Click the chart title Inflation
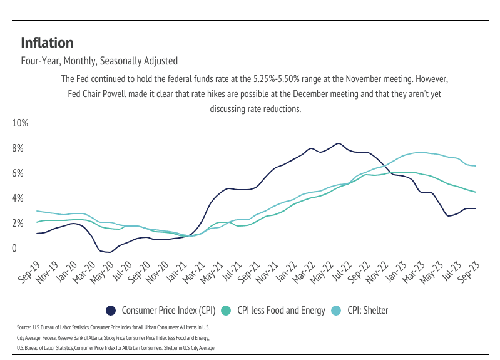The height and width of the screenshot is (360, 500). tap(48, 43)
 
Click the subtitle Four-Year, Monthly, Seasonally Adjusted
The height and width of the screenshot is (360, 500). tap(99, 61)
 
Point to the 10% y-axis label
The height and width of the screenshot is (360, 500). tap(21, 123)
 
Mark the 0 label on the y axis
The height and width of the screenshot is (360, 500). tap(14, 249)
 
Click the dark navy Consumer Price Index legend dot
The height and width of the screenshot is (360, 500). tap(111, 311)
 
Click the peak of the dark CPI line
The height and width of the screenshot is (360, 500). tap(338, 143)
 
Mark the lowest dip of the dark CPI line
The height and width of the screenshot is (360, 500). tap(109, 252)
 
